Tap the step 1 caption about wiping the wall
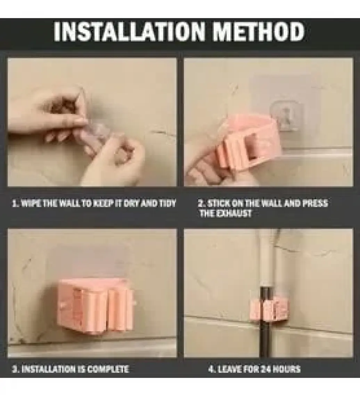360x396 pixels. click(94, 203)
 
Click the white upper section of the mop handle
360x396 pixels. click(267, 258)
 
